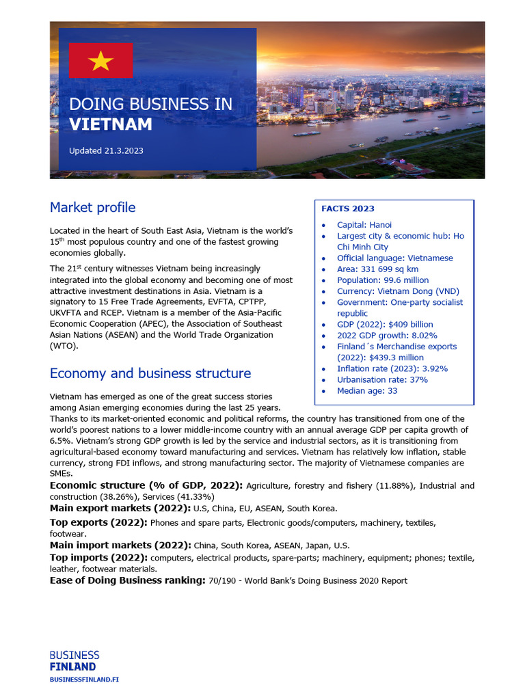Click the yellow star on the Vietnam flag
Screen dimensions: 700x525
(x=100, y=61)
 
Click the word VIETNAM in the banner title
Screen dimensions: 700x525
(x=111, y=124)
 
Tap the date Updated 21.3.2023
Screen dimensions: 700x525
(x=106, y=151)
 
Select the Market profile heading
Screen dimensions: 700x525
(x=92, y=207)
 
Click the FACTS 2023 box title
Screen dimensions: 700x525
(x=348, y=208)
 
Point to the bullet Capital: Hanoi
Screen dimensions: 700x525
(x=364, y=225)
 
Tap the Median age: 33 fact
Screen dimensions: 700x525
(x=366, y=391)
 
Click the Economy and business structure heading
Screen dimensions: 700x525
(x=150, y=373)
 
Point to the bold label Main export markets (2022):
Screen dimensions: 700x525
(x=120, y=509)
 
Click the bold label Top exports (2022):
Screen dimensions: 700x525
(x=98, y=522)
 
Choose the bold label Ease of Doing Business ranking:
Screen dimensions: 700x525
(x=127, y=580)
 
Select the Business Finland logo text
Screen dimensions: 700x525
(x=74, y=661)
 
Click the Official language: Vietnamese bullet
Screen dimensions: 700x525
(x=394, y=258)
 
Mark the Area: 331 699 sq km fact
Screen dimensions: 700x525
(x=377, y=269)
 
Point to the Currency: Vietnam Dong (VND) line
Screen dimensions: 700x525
(x=398, y=291)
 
